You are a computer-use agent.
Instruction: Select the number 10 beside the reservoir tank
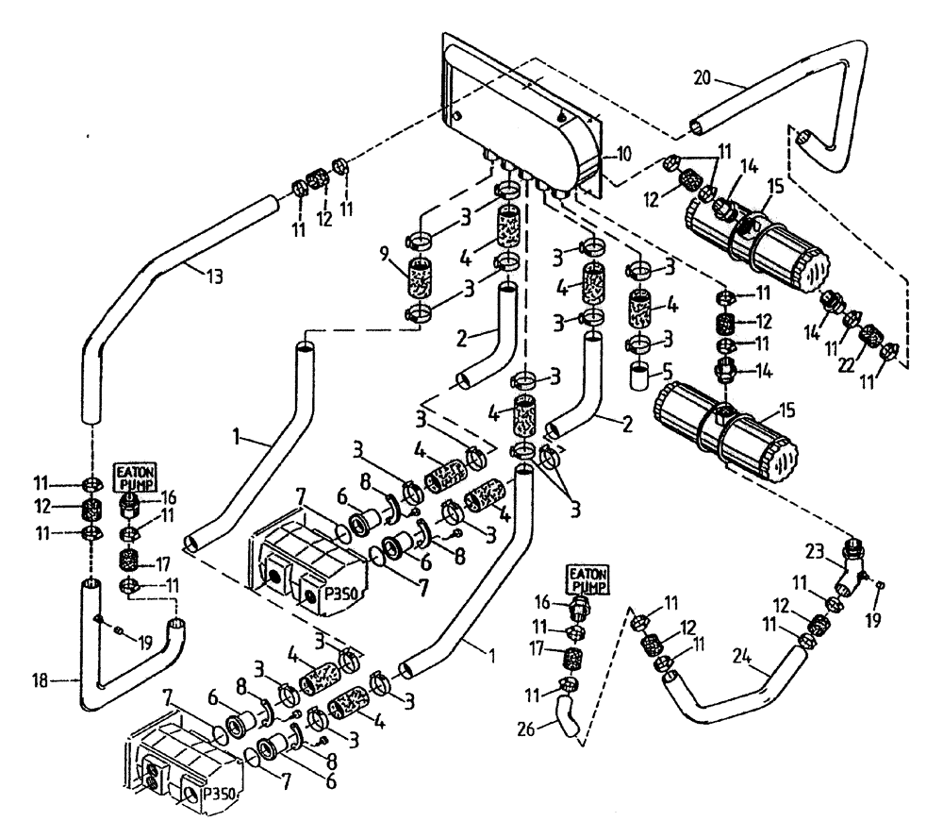click(x=613, y=152)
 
